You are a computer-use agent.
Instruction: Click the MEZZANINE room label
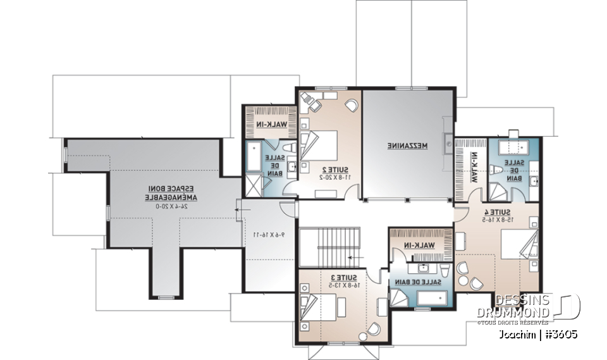408,146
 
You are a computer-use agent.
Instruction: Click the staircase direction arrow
352,258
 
